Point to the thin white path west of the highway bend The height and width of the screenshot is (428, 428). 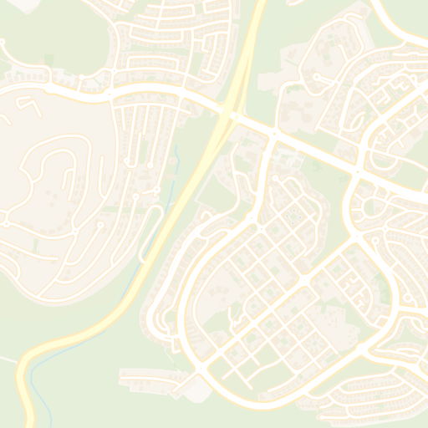point(7,360)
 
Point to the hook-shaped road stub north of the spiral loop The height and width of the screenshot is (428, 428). point(29,104)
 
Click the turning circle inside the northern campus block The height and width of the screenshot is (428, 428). point(318,79)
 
